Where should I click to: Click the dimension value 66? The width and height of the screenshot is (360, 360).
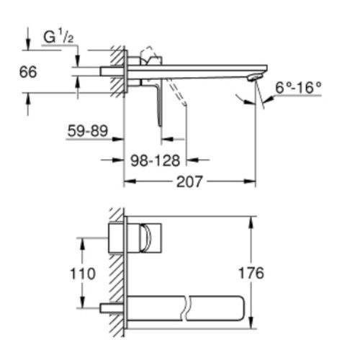click(27, 72)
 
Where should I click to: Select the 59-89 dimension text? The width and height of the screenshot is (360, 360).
click(87, 131)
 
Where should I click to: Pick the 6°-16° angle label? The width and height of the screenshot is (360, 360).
click(298, 88)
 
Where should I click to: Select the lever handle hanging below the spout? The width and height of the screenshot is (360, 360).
click(159, 101)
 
